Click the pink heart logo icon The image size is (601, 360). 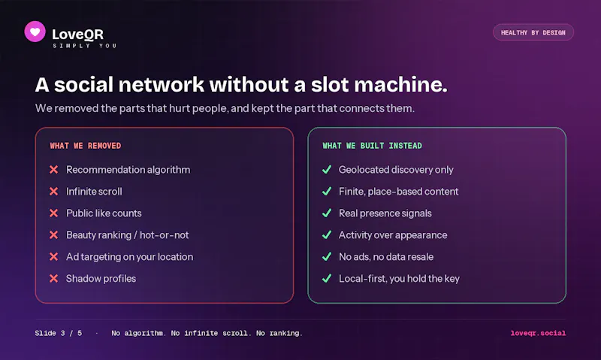click(x=35, y=32)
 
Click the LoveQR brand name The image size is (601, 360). click(x=78, y=35)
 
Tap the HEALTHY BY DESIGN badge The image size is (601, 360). click(x=533, y=32)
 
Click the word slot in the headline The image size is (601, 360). click(x=329, y=84)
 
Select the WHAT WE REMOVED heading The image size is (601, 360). click(x=86, y=146)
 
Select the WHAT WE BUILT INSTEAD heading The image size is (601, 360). click(x=372, y=146)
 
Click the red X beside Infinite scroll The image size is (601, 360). click(x=53, y=192)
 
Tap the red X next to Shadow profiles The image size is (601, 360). click(x=53, y=278)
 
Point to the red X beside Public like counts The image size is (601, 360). click(x=53, y=213)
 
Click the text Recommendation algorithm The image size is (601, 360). click(x=128, y=170)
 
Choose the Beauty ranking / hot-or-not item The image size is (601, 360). click(x=127, y=235)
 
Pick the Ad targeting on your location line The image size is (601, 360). click(x=129, y=257)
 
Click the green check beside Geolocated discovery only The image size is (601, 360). click(x=327, y=169)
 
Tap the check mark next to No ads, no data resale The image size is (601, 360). click(x=327, y=256)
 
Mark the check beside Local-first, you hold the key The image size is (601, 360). click(x=327, y=278)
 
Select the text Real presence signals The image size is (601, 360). click(x=385, y=213)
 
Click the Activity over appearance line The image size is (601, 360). click(x=393, y=235)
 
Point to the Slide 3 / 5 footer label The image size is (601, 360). click(x=59, y=333)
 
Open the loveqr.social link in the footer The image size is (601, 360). click(x=538, y=333)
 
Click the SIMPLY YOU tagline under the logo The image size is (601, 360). click(x=85, y=46)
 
